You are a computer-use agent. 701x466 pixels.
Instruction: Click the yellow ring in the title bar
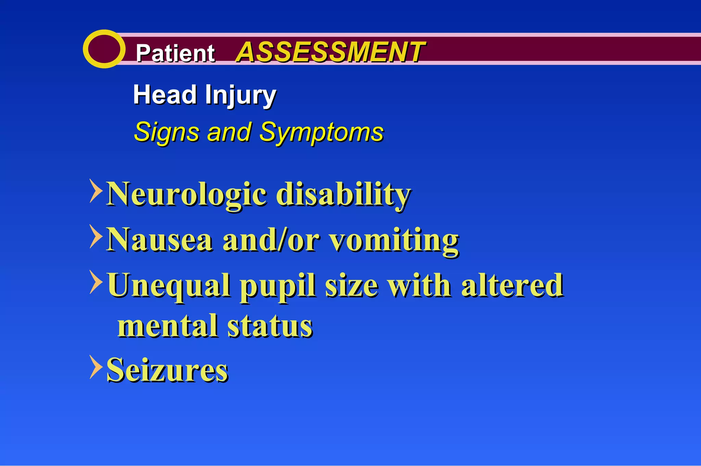click(104, 49)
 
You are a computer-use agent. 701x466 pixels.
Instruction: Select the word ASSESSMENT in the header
click(330, 52)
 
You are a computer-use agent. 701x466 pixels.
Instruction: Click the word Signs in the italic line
click(166, 132)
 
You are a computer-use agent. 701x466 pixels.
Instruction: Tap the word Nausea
click(160, 240)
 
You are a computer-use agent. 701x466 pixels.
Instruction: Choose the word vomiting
click(394, 241)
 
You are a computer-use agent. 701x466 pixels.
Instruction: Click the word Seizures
click(167, 370)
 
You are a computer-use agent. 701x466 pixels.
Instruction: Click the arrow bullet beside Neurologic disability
click(96, 191)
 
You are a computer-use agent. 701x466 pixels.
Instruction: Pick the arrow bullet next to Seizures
click(96, 367)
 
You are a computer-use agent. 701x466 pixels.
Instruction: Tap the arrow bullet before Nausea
click(96, 236)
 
